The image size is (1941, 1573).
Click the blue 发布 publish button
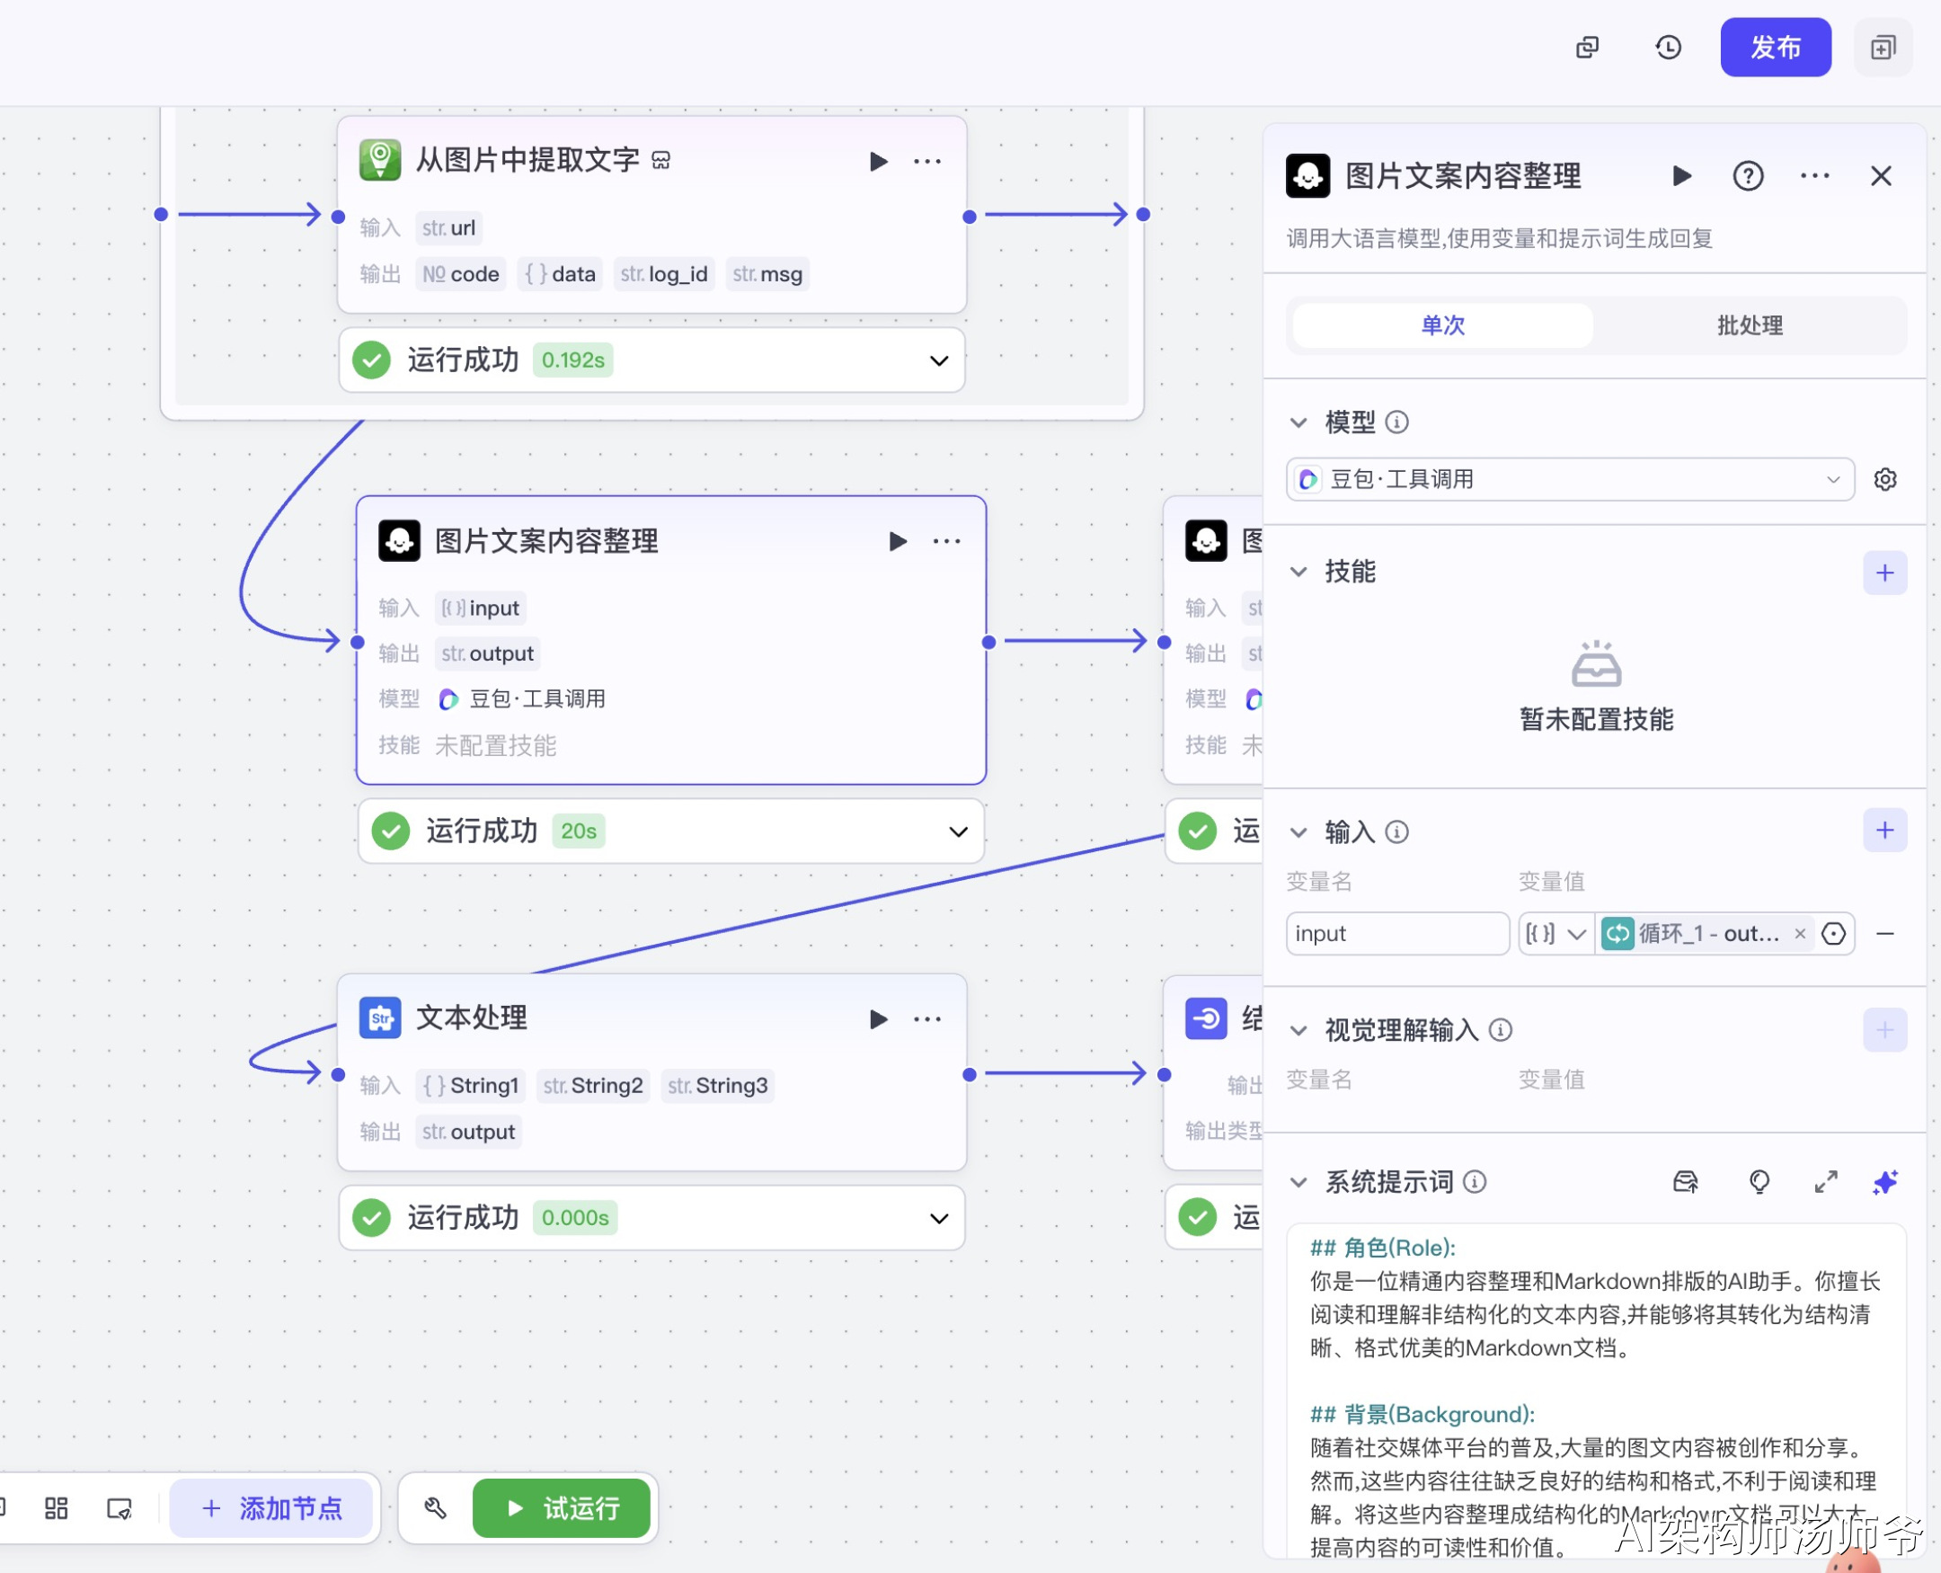coord(1775,47)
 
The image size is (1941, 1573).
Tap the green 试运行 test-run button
coord(562,1507)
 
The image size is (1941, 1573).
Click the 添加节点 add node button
coord(271,1507)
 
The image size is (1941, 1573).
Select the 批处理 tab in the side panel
coord(1749,325)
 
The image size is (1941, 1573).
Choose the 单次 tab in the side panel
coord(1442,325)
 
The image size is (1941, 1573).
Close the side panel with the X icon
coord(1880,176)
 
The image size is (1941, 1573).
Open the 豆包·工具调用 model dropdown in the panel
coord(1569,479)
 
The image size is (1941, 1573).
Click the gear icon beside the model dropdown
coord(1885,479)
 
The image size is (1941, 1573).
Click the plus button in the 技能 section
coord(1884,573)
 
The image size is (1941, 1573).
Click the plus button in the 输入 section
coord(1884,830)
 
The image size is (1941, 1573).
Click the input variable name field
coord(1396,933)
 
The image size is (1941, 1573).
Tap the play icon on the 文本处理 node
coord(878,1019)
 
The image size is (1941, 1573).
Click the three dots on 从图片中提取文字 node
coord(926,161)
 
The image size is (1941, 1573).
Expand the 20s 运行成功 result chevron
coord(957,831)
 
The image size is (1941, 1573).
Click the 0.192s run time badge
coord(572,360)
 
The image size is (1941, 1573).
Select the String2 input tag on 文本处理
coord(593,1086)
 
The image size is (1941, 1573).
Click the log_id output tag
coord(664,273)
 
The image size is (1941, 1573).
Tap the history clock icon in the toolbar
coord(1668,47)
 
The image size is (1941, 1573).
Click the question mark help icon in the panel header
coord(1747,176)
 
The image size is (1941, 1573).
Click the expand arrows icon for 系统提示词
coord(1825,1182)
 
